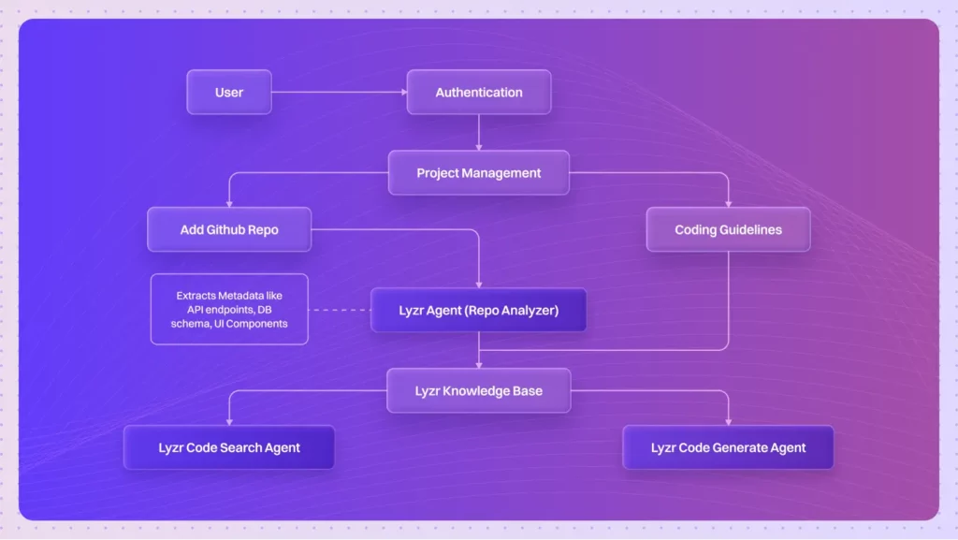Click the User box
[229, 93]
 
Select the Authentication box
[479, 93]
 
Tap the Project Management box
[479, 173]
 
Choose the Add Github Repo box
[229, 229]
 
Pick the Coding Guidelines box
[728, 229]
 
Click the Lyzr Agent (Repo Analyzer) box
[479, 310]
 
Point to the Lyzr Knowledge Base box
[479, 390]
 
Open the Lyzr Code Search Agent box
[229, 447]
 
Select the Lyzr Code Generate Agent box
[728, 447]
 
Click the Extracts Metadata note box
[229, 310]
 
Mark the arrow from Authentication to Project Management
[479, 132]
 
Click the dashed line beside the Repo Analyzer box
[339, 310]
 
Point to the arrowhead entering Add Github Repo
[229, 203]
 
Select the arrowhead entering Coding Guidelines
[728, 203]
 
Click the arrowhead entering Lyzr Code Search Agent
[229, 421]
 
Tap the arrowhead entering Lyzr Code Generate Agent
[728, 421]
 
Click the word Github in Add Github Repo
[228, 230]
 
